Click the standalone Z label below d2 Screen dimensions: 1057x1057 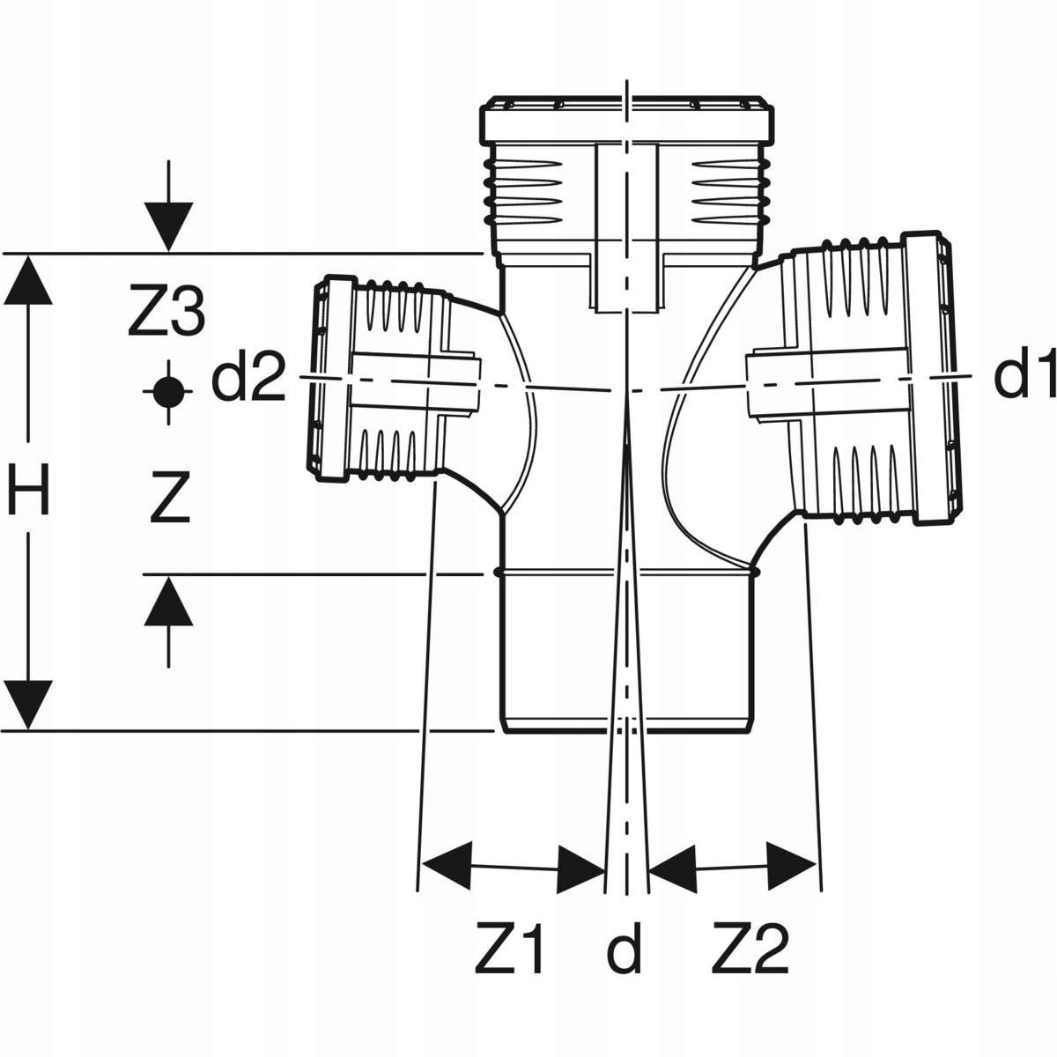[170, 499]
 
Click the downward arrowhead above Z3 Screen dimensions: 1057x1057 [168, 225]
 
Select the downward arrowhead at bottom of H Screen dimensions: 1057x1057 [30, 705]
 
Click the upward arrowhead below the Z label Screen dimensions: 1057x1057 [168, 602]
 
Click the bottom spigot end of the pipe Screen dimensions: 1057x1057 [627, 705]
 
